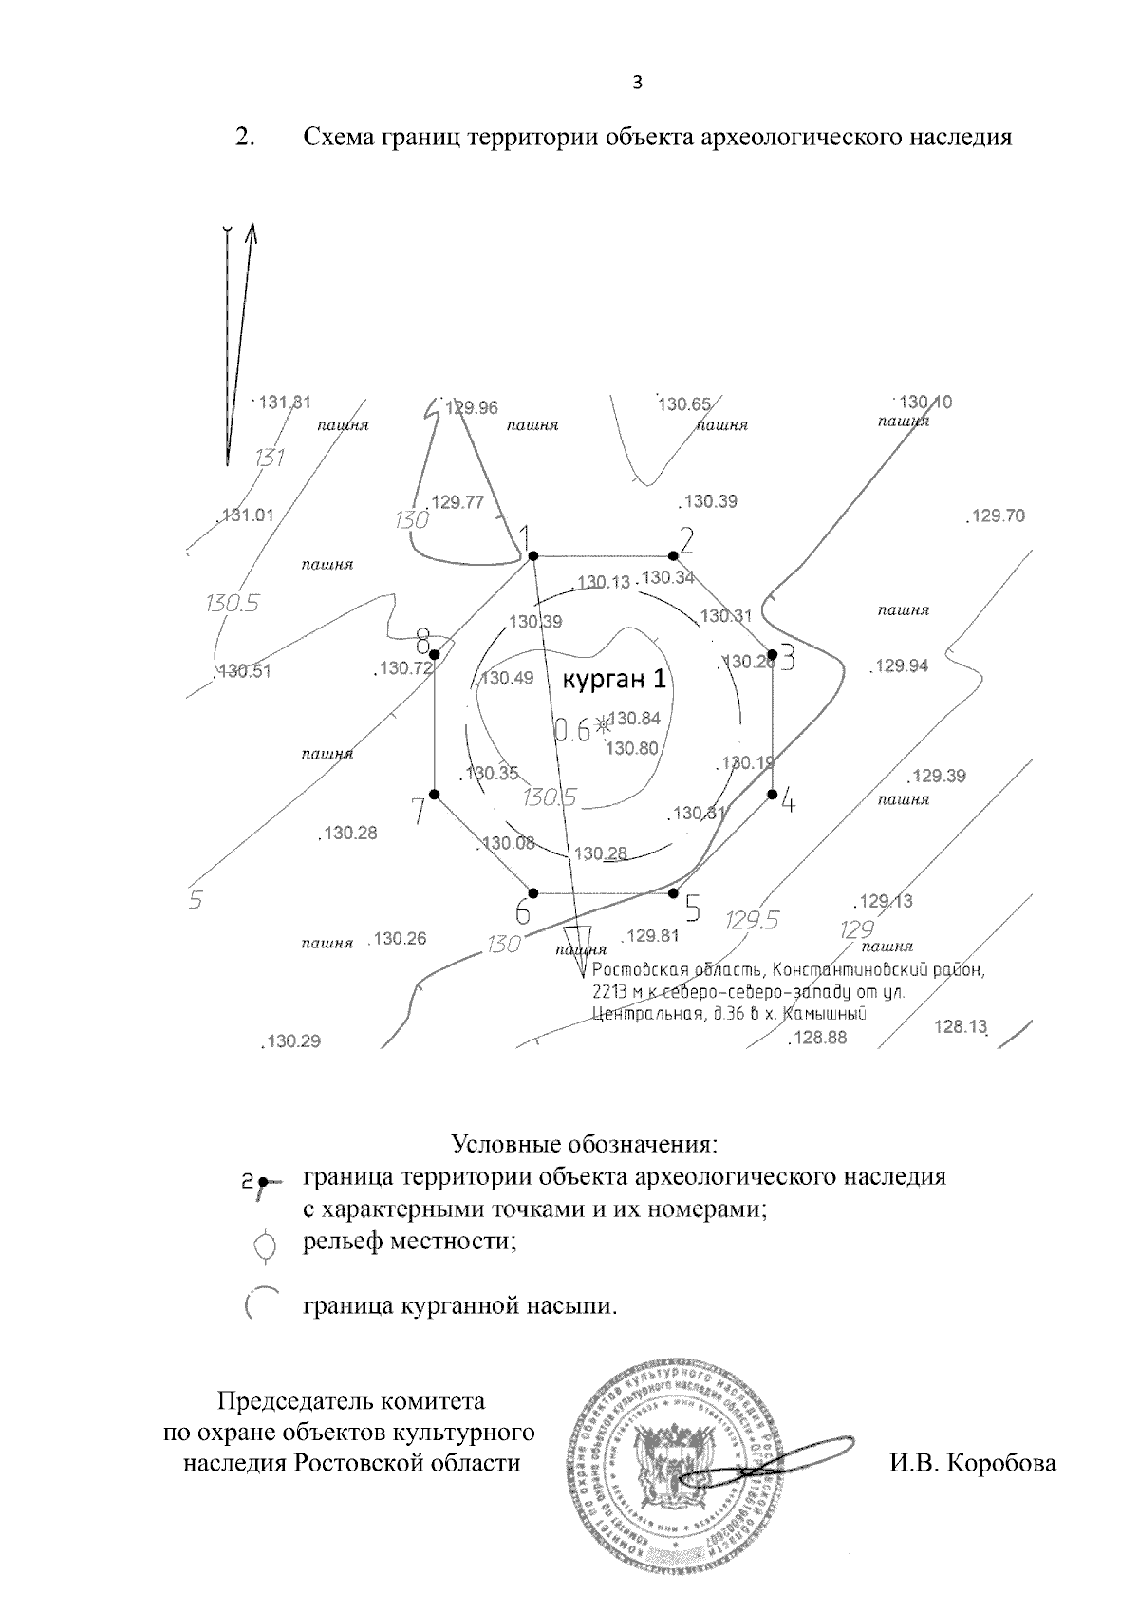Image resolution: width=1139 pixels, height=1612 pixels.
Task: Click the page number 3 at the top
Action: pyautogui.click(x=637, y=83)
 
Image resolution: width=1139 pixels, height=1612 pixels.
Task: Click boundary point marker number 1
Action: pyautogui.click(x=532, y=555)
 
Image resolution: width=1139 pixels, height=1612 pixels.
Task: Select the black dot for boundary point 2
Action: pyautogui.click(x=673, y=555)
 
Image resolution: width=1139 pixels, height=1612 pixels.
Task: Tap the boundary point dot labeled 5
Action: pyautogui.click(x=673, y=892)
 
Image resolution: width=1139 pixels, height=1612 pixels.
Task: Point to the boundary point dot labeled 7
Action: pyautogui.click(x=434, y=794)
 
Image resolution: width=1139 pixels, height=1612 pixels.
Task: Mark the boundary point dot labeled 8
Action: pyautogui.click(x=434, y=654)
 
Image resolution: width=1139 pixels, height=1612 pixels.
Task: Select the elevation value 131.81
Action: pyautogui.click(x=283, y=402)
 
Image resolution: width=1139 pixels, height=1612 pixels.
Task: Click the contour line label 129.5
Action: pyautogui.click(x=752, y=919)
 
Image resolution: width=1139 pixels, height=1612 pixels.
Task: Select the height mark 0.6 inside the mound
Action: pyautogui.click(x=571, y=729)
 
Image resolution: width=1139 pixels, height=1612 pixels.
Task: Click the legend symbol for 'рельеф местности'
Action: pyautogui.click(x=267, y=1245)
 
